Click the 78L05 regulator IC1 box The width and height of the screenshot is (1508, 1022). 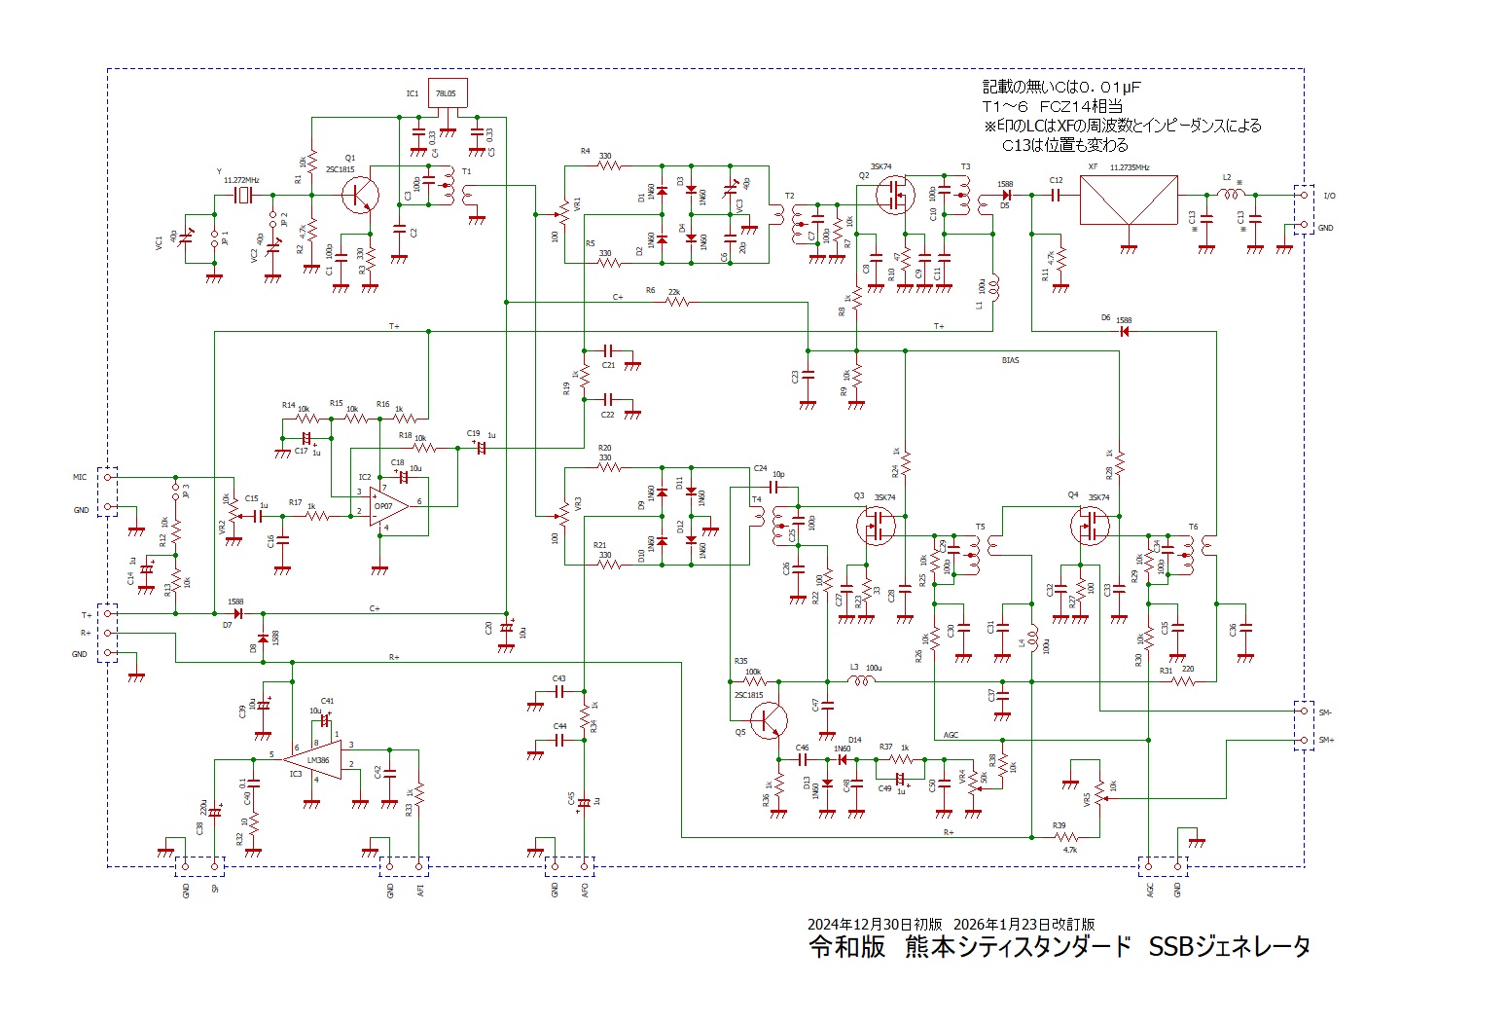[448, 93]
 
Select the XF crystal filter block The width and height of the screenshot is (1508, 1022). [1129, 200]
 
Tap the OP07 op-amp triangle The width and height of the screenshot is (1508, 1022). [389, 505]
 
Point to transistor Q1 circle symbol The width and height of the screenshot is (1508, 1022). [360, 195]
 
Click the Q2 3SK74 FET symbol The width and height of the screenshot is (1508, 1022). [895, 195]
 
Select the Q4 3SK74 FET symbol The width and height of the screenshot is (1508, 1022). [1090, 527]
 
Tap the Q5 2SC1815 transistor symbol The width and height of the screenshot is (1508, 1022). [769, 720]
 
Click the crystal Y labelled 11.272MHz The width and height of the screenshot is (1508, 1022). [242, 196]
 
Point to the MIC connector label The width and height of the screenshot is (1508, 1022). [80, 478]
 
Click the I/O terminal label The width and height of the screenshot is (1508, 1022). [1329, 196]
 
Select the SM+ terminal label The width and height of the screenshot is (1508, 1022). [1325, 741]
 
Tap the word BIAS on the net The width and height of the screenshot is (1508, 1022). [1011, 360]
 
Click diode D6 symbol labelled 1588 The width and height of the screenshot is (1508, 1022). [1124, 332]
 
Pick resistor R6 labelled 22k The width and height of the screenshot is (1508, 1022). [678, 303]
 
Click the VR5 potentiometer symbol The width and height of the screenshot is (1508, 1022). [1100, 797]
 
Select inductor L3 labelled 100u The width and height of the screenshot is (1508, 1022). [861, 681]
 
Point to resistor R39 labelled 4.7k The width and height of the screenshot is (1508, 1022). [1065, 837]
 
